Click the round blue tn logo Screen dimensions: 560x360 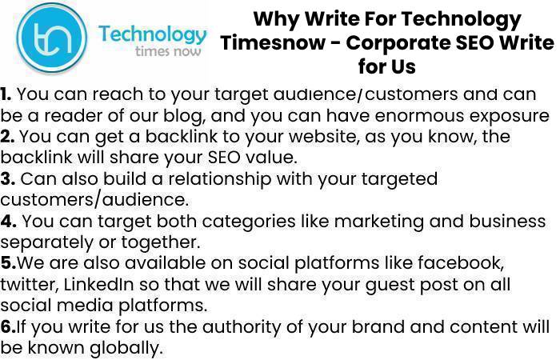click(x=52, y=38)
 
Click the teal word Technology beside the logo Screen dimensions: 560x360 click(x=153, y=35)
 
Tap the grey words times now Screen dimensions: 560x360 click(x=168, y=51)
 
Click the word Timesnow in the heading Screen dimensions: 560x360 click(x=273, y=43)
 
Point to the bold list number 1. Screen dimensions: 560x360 click(x=6, y=94)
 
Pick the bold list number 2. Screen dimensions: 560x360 click(x=6, y=137)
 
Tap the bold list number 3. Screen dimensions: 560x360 click(x=7, y=179)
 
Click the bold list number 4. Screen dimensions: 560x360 click(x=8, y=221)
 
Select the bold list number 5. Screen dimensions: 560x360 click(x=8, y=263)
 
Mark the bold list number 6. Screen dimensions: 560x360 click(x=8, y=326)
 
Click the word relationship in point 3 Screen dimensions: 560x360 click(x=220, y=179)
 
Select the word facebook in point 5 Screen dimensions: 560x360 click(x=461, y=263)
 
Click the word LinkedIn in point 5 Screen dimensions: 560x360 click(x=98, y=285)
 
